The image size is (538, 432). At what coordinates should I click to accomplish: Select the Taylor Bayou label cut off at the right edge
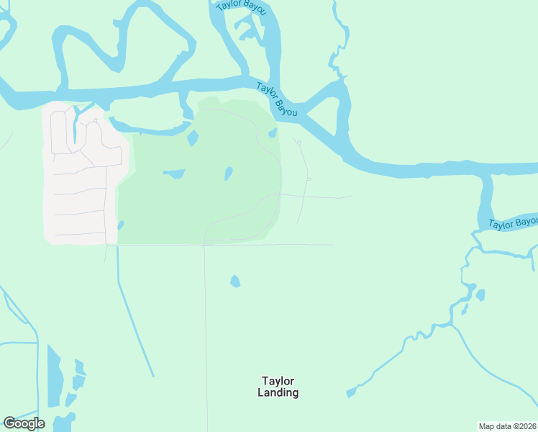tap(513, 223)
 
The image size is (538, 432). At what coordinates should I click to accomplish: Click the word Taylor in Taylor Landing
tap(278, 381)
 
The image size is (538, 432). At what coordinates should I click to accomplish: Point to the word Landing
tap(278, 393)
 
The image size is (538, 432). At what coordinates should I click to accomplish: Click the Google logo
tap(24, 423)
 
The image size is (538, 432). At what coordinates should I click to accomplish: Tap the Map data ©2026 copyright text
tap(508, 426)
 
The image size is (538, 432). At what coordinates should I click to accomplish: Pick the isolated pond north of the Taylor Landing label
tap(234, 282)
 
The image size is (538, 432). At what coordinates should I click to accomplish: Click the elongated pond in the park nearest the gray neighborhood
tap(174, 174)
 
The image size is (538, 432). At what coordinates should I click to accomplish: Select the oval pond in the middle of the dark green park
tap(228, 174)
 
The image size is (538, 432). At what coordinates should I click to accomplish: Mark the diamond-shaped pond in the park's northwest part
tap(193, 138)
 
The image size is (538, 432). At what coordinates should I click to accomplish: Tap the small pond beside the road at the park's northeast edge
tap(273, 133)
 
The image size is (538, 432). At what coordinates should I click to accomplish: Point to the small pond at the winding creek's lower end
tap(351, 392)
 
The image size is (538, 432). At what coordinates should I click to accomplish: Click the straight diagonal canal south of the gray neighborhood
tap(135, 317)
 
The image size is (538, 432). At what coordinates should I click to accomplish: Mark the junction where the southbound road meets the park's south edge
tap(205, 245)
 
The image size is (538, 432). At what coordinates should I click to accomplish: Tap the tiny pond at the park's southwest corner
tap(120, 225)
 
